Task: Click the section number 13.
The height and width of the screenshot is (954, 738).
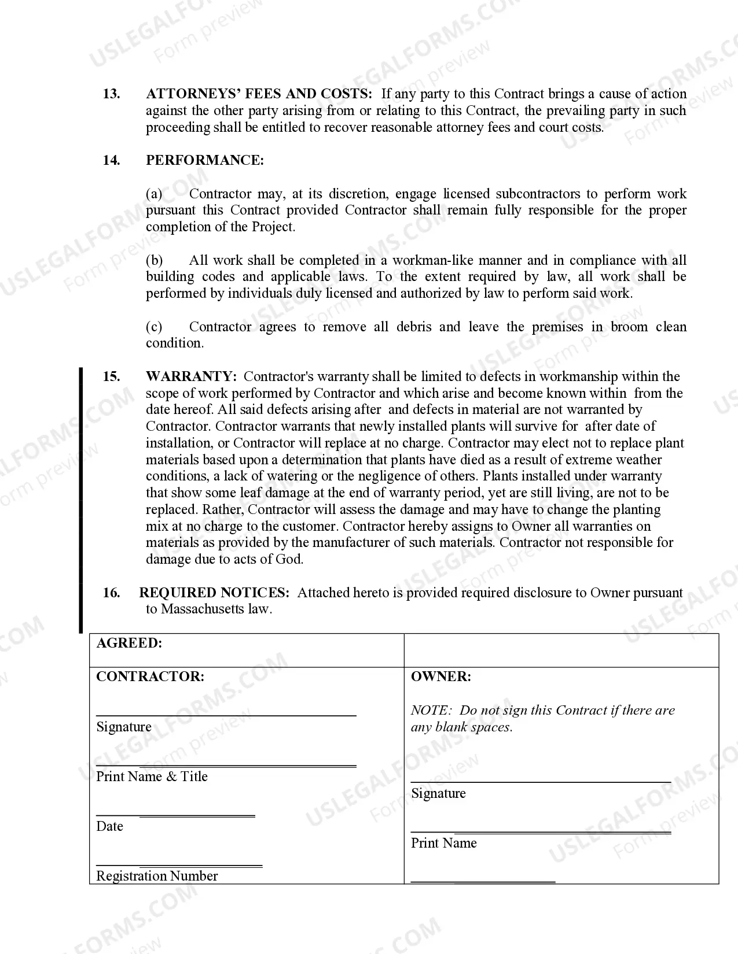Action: pos(111,94)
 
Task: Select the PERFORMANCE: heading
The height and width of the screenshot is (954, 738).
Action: pos(204,160)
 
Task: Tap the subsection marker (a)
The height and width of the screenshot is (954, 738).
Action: pos(154,194)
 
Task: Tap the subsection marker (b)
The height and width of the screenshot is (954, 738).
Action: pos(154,260)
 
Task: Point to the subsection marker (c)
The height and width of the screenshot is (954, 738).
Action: pos(154,327)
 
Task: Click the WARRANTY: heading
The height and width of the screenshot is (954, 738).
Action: pos(191,376)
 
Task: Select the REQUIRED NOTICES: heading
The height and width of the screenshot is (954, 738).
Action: pos(214,593)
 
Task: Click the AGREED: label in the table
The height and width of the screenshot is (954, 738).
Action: pos(129,643)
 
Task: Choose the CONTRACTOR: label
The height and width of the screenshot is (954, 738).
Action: pos(150,676)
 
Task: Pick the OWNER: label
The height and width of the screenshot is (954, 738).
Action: pos(440,676)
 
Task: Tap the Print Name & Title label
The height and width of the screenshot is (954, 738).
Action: pos(152,776)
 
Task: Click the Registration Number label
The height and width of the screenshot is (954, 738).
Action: pos(157,876)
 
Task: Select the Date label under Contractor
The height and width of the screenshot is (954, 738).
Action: pos(109,826)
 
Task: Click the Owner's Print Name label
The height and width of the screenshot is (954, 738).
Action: pos(443,843)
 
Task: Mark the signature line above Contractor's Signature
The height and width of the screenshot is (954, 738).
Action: pos(226,716)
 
